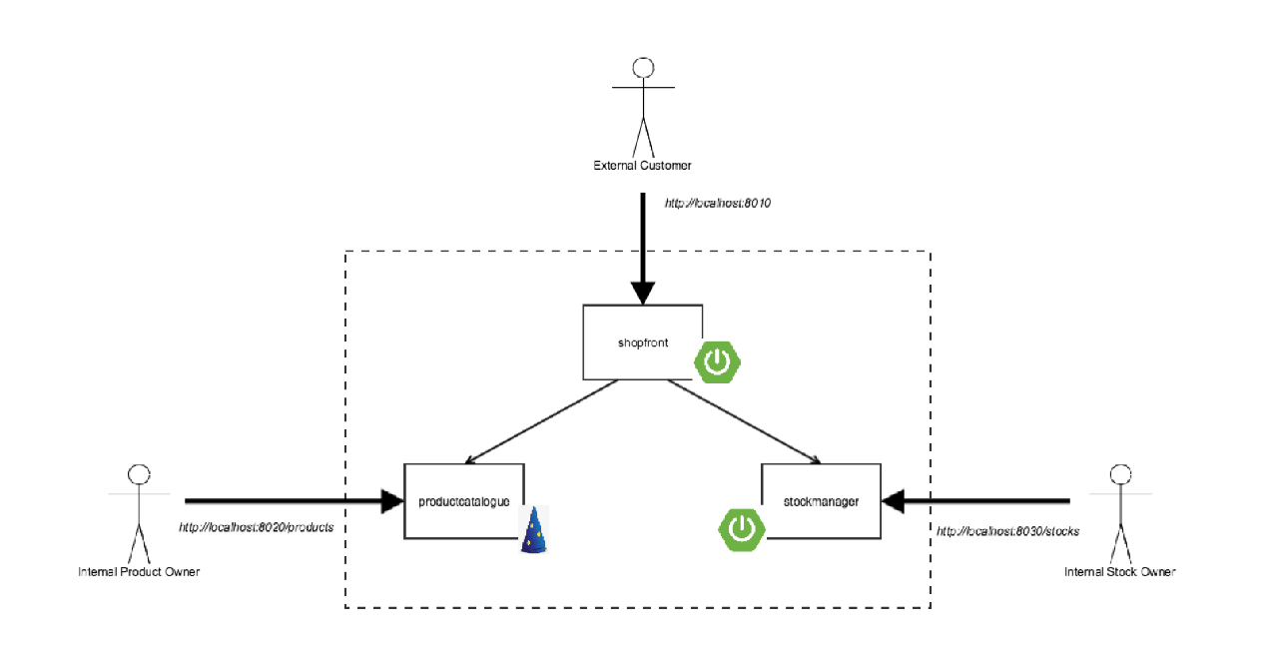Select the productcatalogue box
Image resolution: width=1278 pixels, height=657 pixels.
click(x=464, y=501)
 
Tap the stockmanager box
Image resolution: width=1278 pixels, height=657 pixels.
click(x=821, y=501)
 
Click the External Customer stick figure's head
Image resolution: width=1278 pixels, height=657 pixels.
click(x=644, y=68)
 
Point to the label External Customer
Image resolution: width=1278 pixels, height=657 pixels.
click(x=642, y=166)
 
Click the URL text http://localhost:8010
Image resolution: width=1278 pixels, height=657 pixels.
click(x=718, y=203)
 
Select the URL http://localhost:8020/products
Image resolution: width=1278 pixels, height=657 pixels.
click(x=257, y=527)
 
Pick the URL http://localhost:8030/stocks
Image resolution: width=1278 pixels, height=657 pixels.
click(x=1007, y=531)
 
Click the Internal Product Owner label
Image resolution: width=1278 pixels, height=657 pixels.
click(x=139, y=572)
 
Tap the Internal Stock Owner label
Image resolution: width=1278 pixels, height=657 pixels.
click(x=1119, y=572)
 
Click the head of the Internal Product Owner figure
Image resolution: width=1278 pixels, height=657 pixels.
click(x=139, y=474)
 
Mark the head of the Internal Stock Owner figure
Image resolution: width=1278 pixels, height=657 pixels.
click(x=1121, y=474)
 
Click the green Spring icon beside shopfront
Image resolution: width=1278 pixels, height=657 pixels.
click(x=717, y=362)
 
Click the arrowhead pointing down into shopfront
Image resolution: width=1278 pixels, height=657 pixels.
click(x=643, y=293)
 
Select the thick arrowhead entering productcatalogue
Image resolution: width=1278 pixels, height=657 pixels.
click(x=392, y=500)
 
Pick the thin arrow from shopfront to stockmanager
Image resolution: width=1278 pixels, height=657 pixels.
click(x=743, y=421)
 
